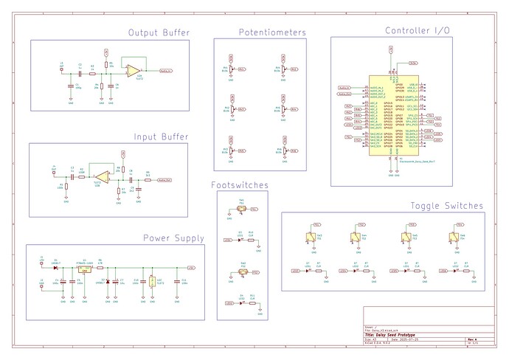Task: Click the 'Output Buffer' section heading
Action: point(158,32)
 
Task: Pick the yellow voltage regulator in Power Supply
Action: point(84,270)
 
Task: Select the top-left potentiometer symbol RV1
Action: point(232,69)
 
